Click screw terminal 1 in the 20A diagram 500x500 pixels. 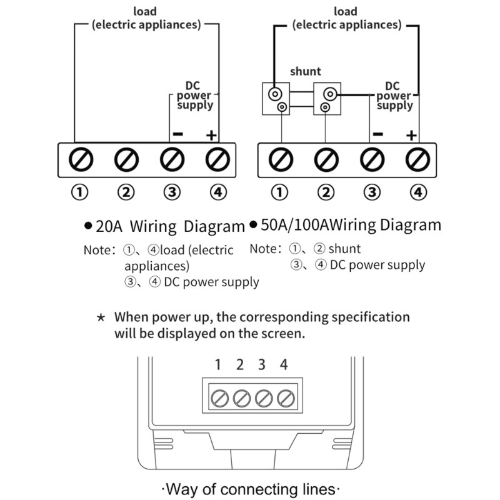pyautogui.click(x=81, y=160)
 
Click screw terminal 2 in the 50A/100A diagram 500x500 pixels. pyautogui.click(x=325, y=160)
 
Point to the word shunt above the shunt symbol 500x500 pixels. pyautogui.click(x=305, y=72)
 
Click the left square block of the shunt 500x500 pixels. pyautogui.click(x=276, y=99)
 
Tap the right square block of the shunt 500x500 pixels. pyautogui.click(x=326, y=99)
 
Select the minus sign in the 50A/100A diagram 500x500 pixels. pyautogui.click(x=377, y=134)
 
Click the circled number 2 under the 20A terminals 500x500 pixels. pyautogui.click(x=126, y=192)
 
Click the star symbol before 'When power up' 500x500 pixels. pyautogui.click(x=101, y=317)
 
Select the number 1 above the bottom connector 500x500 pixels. pyautogui.click(x=218, y=365)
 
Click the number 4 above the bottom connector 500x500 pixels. pyautogui.click(x=284, y=365)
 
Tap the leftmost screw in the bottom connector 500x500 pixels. pyautogui.click(x=219, y=397)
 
